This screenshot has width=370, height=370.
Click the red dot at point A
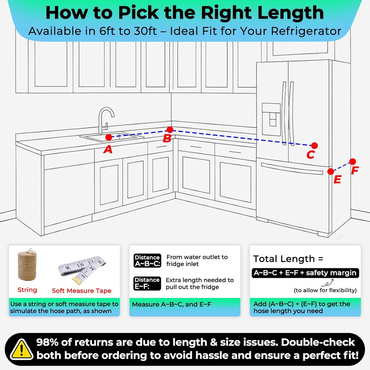pyautogui.click(x=108, y=137)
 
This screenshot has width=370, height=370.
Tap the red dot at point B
pyautogui.click(x=170, y=129)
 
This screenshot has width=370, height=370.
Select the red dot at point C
pyautogui.click(x=314, y=145)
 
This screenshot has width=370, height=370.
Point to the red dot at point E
pyautogui.click(x=331, y=172)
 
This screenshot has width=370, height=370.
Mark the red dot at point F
pyautogui.click(x=353, y=162)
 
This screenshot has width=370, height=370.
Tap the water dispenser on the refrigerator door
pyautogui.click(x=271, y=119)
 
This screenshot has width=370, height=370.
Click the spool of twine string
pyautogui.click(x=27, y=265)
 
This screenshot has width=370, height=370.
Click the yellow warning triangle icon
pyautogui.click(x=21, y=350)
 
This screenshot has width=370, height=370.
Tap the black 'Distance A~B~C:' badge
pyautogui.click(x=147, y=260)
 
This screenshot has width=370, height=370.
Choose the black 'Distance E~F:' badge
pyautogui.click(x=147, y=283)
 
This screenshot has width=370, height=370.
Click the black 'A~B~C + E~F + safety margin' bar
pyautogui.click(x=305, y=273)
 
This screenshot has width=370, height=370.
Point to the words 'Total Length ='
pyautogui.click(x=288, y=259)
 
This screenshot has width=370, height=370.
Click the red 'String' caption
pyautogui.click(x=27, y=290)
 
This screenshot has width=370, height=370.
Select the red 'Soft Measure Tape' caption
pyautogui.click(x=82, y=290)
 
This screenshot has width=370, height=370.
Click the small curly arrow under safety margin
pyautogui.click(x=327, y=282)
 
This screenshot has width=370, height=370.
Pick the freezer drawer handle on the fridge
pyautogui.click(x=292, y=168)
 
